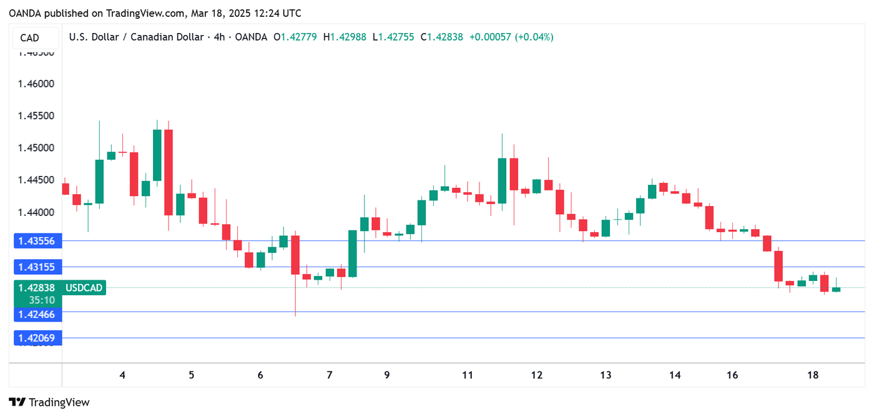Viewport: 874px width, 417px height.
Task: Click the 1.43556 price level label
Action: tap(37, 240)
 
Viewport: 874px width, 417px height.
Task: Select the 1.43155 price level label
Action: tap(37, 267)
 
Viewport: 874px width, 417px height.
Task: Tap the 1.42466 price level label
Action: tap(37, 315)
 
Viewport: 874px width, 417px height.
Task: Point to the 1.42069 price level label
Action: tap(37, 338)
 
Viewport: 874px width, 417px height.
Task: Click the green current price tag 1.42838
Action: tap(37, 288)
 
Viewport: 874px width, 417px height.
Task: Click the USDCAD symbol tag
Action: tap(84, 288)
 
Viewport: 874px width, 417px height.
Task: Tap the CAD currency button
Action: tap(30, 38)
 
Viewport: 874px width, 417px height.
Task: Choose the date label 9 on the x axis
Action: tap(387, 375)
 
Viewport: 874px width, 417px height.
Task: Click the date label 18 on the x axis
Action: tap(813, 375)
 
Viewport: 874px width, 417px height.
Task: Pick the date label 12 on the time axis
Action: tap(536, 375)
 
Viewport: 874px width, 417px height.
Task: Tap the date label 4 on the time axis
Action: tap(122, 375)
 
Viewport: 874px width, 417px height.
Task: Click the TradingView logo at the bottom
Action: tap(49, 403)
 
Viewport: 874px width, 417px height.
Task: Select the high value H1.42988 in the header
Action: tap(345, 37)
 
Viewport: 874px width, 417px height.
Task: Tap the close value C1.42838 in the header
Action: tap(442, 37)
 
